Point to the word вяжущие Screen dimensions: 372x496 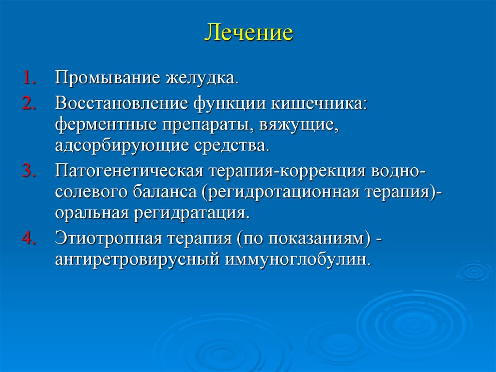(x=298, y=125)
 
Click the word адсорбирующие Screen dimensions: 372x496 (x=112, y=146)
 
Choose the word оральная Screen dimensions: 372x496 (x=90, y=212)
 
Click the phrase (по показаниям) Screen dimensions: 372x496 (x=304, y=239)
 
